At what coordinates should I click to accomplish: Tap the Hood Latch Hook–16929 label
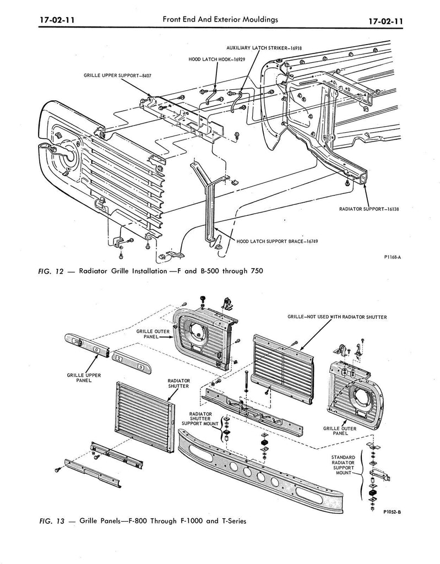point(217,59)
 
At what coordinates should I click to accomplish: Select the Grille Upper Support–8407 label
point(118,75)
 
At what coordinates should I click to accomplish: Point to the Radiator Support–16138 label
point(369,209)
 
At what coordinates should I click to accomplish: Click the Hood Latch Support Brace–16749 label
point(278,241)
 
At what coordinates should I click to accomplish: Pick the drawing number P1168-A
point(392,257)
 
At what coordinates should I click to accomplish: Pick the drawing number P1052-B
point(392,512)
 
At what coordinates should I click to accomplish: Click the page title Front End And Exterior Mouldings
point(220,19)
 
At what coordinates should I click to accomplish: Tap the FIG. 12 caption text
point(150,271)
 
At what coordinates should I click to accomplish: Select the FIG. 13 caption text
point(142,521)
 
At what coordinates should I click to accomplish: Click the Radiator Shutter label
point(179,383)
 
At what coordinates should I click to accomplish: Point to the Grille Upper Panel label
point(84,378)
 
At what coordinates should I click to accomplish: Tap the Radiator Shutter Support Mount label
point(200,419)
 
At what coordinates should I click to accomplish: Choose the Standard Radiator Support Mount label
point(343,465)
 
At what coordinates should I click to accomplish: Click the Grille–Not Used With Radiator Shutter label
point(337,317)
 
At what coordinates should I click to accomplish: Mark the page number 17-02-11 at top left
point(57,20)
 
